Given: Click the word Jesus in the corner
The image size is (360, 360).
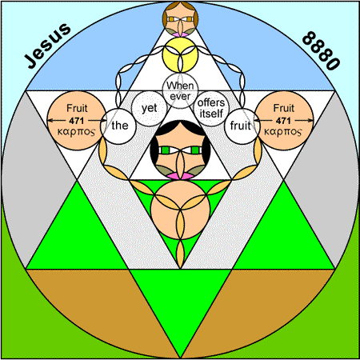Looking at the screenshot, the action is point(47,46).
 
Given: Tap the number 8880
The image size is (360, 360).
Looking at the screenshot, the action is point(321,50).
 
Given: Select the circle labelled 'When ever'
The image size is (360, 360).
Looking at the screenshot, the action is point(180,90).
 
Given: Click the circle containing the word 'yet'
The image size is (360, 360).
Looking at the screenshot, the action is point(150,108).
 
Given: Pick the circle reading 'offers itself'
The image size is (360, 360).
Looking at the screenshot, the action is point(211,108).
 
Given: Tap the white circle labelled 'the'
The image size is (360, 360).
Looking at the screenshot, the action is point(118,126).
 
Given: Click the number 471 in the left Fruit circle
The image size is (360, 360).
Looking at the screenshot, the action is point(77,121).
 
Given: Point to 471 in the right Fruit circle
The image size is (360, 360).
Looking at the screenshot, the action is point(283,121).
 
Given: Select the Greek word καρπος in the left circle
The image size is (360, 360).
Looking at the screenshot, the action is point(76,132).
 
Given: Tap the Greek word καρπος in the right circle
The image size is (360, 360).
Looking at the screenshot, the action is point(283,132).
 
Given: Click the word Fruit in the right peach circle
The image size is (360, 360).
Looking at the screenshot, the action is point(284,108).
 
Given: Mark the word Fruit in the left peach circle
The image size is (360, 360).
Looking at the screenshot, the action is point(77,108).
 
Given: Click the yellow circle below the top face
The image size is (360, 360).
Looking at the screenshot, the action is point(180,54).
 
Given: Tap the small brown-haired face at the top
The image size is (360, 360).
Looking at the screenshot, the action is point(180,18).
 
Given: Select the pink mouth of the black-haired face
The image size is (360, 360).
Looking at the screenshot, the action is point(180,176).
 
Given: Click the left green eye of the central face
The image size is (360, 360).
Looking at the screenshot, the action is point(166,150).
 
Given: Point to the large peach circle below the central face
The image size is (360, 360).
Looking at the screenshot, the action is point(180,210).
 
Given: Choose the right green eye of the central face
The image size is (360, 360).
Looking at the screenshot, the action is point(195,150).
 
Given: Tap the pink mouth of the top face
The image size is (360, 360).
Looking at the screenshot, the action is point(180,34).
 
